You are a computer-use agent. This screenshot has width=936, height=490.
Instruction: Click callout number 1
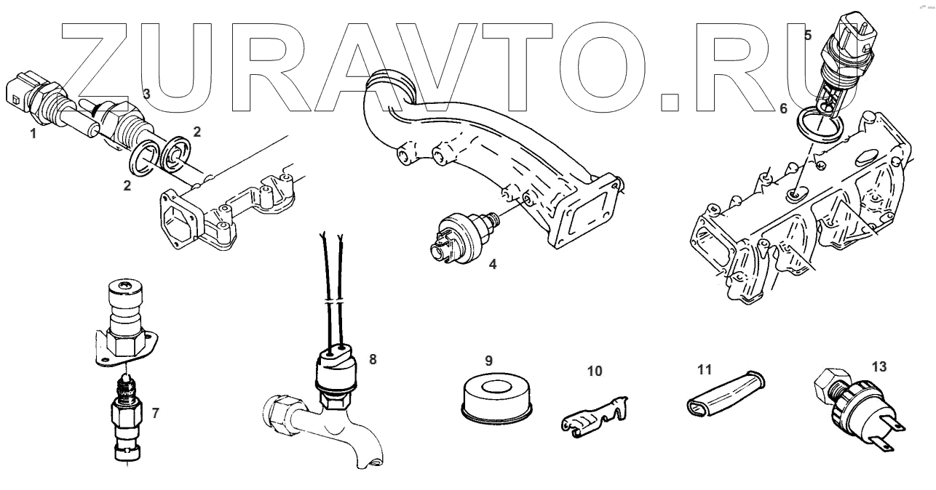point(32,134)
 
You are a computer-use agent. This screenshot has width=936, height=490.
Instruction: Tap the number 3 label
point(146,94)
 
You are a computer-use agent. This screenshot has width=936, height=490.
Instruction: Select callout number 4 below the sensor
point(493,265)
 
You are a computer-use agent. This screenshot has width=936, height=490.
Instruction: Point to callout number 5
point(808,35)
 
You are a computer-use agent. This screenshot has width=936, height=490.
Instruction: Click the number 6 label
point(783,108)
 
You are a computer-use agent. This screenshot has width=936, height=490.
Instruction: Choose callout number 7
point(155,413)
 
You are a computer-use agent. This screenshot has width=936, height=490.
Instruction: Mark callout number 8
point(373,359)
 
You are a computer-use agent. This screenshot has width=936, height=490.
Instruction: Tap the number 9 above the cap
point(489,361)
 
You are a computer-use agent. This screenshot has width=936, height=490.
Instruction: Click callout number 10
point(595,371)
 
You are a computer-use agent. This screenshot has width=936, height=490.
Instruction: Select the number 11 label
point(703,369)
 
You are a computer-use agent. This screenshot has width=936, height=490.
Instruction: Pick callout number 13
point(879,367)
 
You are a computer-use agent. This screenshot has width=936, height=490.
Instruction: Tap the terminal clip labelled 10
point(594,421)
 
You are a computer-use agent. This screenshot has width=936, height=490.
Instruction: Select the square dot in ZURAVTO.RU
point(670,101)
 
